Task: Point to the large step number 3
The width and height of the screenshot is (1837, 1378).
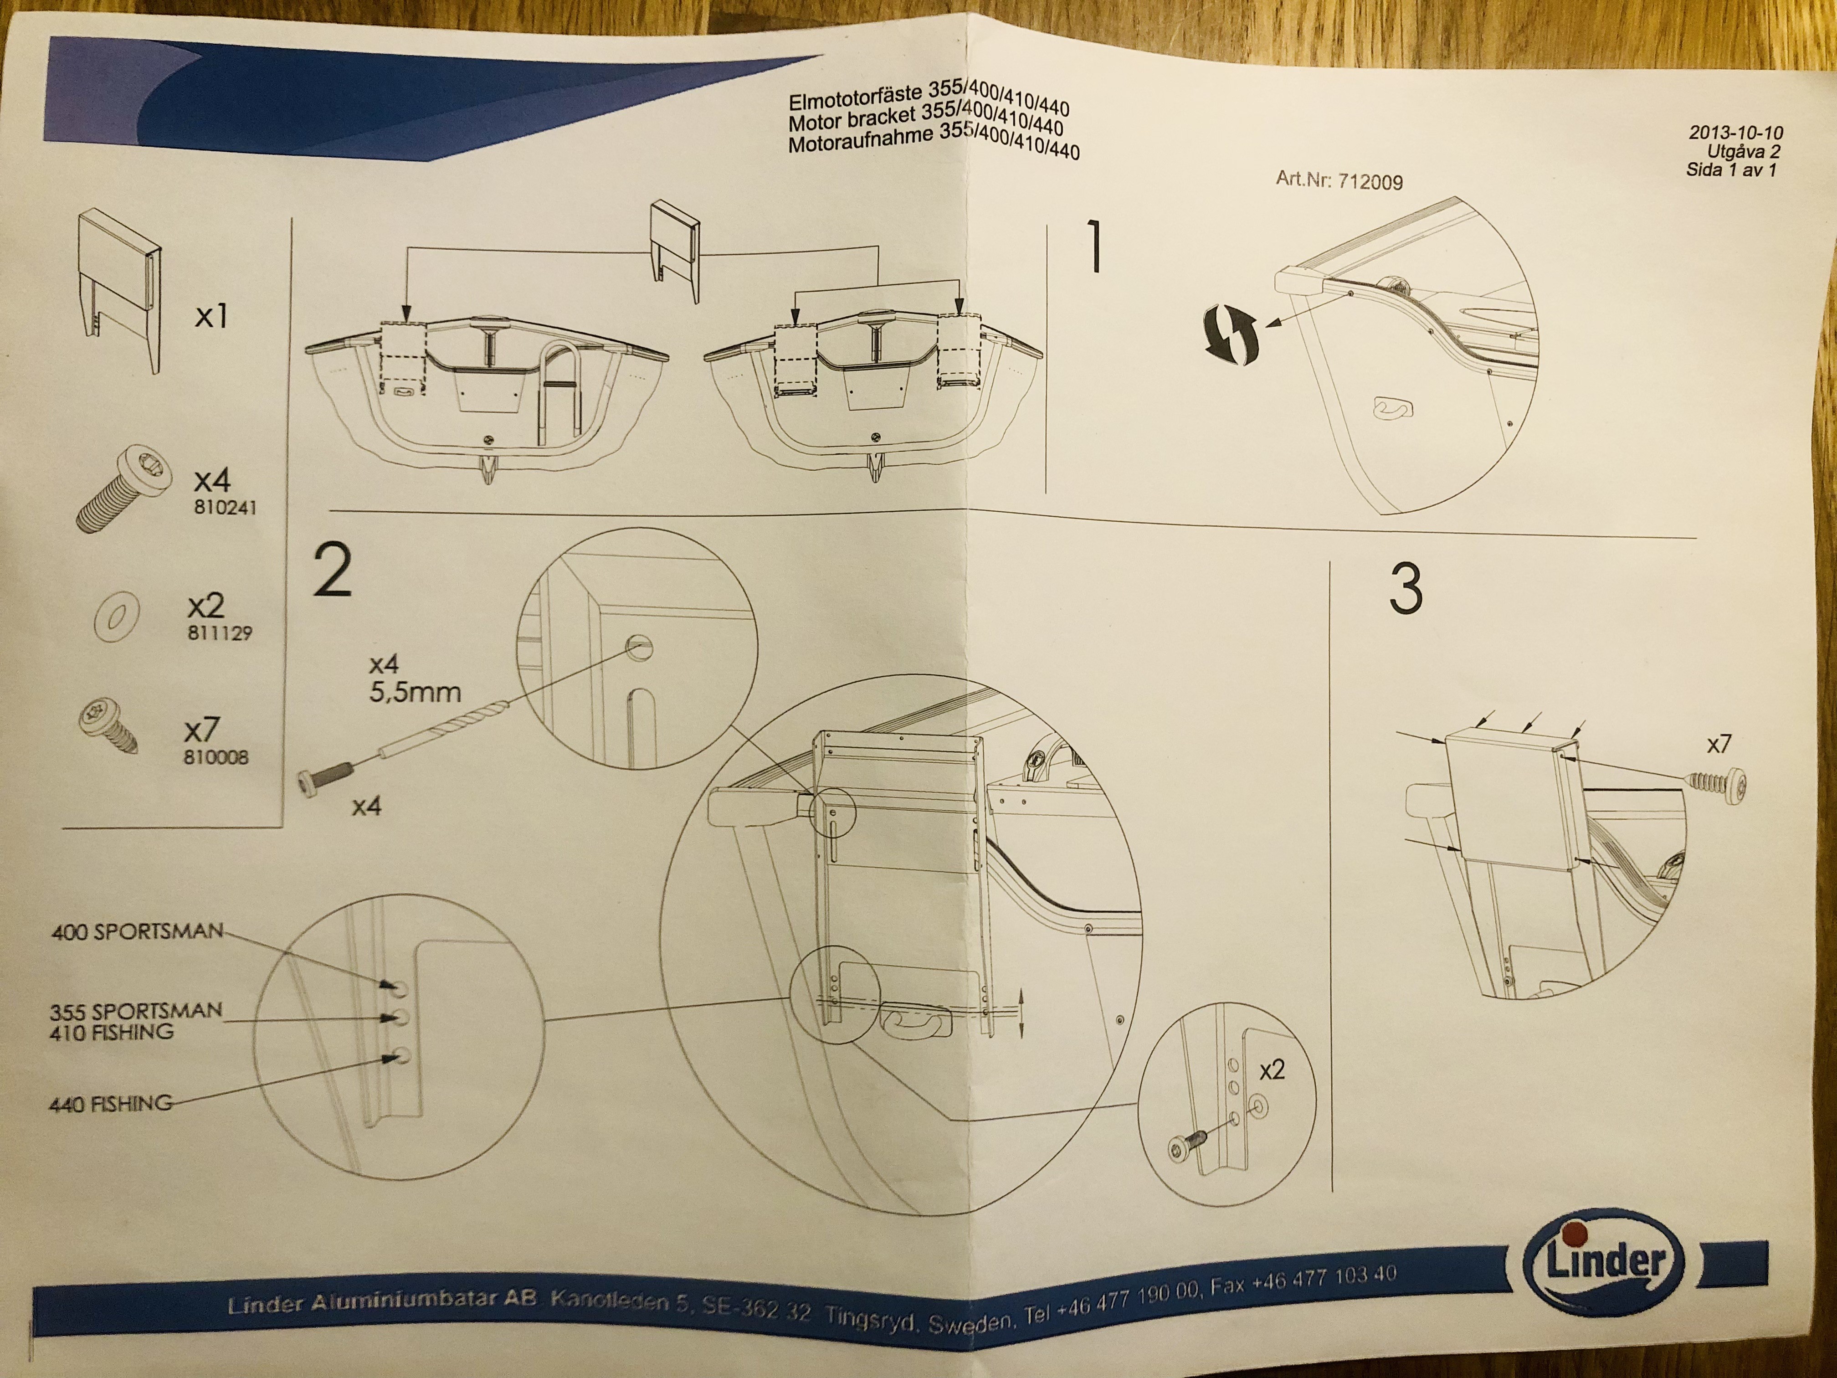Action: tap(1405, 589)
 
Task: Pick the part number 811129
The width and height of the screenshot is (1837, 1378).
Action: tap(219, 633)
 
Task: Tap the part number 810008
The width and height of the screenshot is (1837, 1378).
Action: tap(216, 757)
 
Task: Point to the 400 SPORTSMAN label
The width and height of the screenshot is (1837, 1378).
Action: tap(137, 931)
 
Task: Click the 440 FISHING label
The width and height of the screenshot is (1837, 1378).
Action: tap(110, 1104)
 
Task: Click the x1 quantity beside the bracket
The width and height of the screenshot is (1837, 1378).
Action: tap(211, 316)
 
